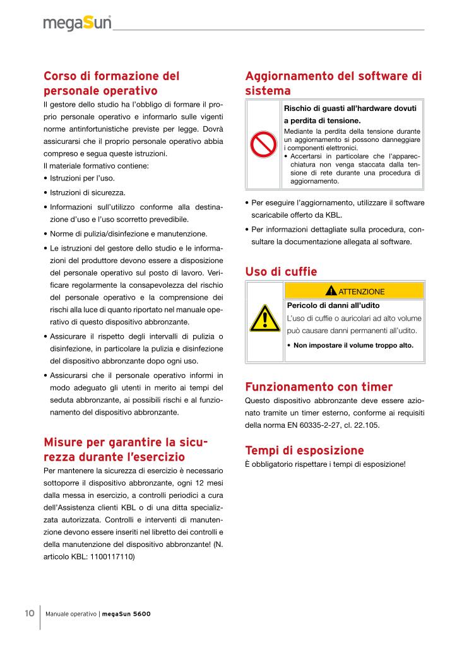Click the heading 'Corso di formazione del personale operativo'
click(111, 83)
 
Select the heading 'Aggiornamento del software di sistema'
click(333, 83)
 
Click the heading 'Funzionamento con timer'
click(318, 387)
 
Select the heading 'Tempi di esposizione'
click(304, 450)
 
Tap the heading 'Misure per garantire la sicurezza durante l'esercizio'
click(125, 448)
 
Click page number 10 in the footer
click(30, 614)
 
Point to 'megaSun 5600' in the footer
click(126, 614)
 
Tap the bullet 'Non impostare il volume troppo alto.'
click(353, 346)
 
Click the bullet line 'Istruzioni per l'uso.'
click(81, 179)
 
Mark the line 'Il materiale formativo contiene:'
click(96, 166)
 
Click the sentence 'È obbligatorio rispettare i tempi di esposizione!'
click(324, 465)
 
